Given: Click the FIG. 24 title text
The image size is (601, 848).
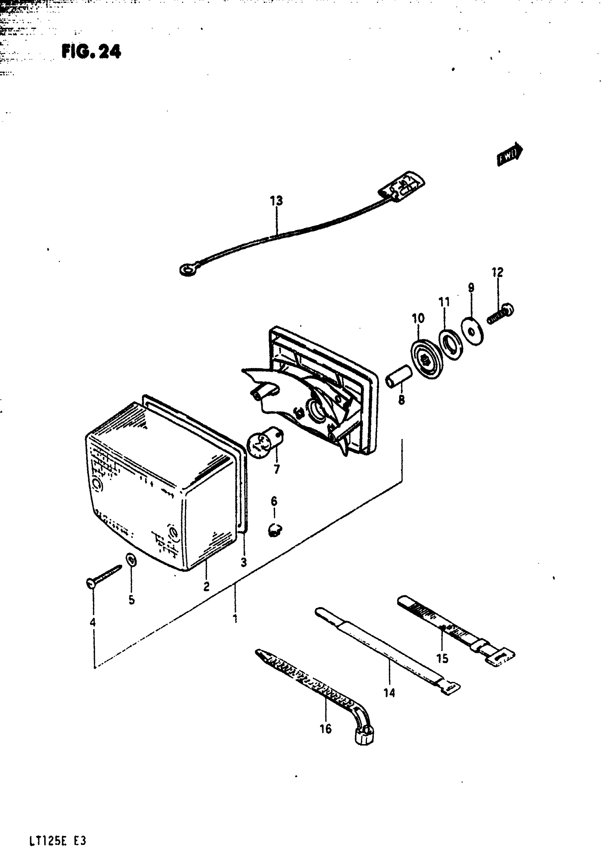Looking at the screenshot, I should pos(91,51).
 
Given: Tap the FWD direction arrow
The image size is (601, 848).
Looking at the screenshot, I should pos(509,154).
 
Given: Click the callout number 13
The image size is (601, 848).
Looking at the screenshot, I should pos(276,201).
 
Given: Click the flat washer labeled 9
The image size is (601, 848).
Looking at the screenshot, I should pos(472,331).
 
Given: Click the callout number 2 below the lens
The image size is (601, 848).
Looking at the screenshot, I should pos(206,586).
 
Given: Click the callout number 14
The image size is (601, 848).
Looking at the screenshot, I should pos(389,692).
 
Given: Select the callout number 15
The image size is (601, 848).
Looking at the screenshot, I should pos(442,658).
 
